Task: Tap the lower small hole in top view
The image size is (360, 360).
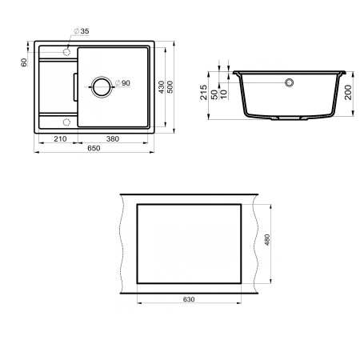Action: (66, 122)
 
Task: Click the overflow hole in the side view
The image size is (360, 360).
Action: (290, 82)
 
